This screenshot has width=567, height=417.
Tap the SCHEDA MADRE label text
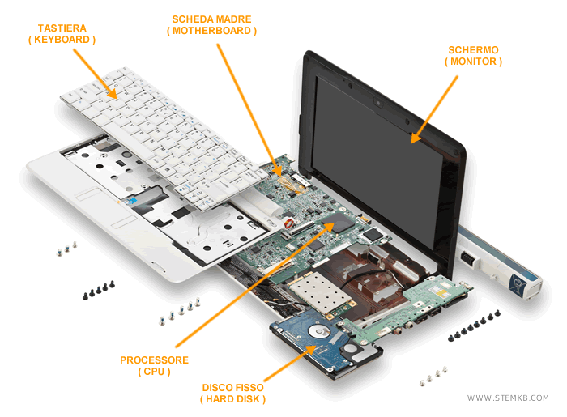pyautogui.click(x=212, y=18)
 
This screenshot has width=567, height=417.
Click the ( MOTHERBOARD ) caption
pyautogui.click(x=212, y=31)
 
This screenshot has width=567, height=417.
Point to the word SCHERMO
pyautogui.click(x=473, y=49)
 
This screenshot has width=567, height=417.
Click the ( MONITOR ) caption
pyautogui.click(x=473, y=62)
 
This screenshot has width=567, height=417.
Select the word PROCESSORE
pyautogui.click(x=154, y=360)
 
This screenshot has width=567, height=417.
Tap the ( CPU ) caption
pyautogui.click(x=154, y=372)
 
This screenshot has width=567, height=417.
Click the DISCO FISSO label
pyautogui.click(x=233, y=387)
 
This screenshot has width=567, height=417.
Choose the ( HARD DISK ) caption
pyautogui.click(x=233, y=400)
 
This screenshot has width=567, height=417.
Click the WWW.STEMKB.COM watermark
pyautogui.click(x=508, y=398)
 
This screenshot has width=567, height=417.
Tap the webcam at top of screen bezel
pyautogui.click(x=378, y=103)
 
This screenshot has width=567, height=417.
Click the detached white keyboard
pyautogui.click(x=162, y=130)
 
